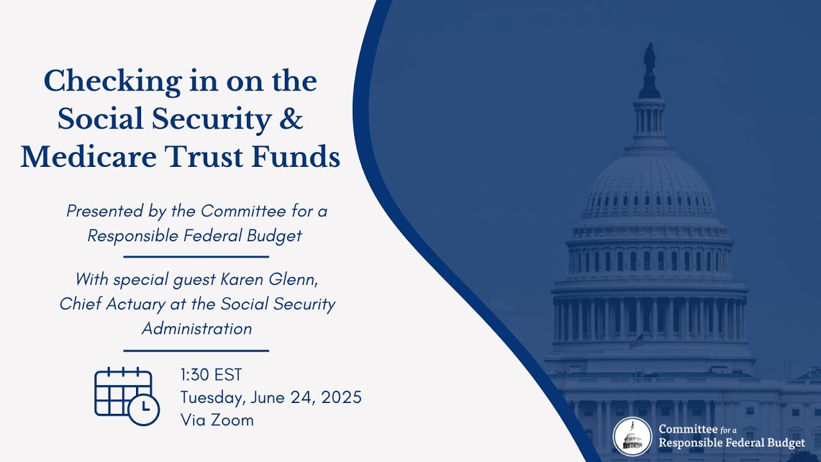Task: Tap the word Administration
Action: coord(196,329)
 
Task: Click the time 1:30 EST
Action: coord(211,375)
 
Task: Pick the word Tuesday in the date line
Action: coord(211,397)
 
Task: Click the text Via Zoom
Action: coord(217,420)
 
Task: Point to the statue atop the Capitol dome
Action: coord(650,58)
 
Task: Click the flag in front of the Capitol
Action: coord(636,341)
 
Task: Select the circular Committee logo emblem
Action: coord(632,436)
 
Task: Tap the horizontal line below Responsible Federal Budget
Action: coord(196,257)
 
